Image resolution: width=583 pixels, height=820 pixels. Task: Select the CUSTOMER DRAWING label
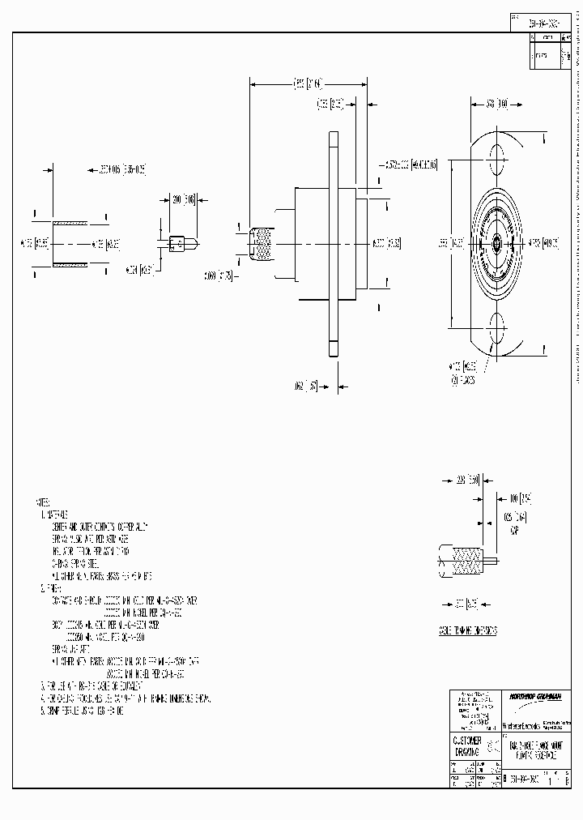[x=466, y=746]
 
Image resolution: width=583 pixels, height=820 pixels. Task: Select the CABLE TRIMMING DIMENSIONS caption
[x=469, y=630]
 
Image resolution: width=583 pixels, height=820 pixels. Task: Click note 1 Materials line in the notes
[x=55, y=515]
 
